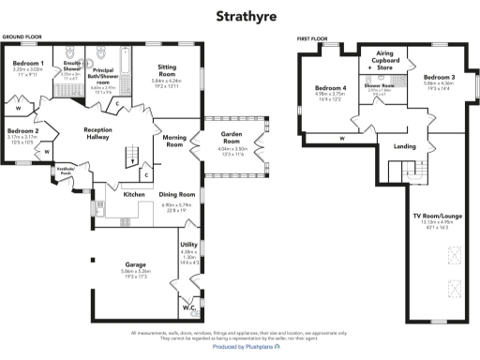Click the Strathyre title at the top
point(239,16)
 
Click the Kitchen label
point(134,194)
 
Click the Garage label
point(135,264)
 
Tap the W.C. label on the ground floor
point(187,305)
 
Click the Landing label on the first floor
point(405,145)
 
